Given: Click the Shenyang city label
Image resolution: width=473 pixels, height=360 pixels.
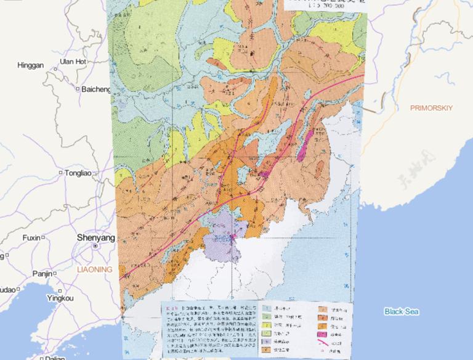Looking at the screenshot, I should [95, 237].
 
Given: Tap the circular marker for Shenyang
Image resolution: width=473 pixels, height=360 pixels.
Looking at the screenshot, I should [95, 245].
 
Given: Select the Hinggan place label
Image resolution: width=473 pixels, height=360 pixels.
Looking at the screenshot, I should [31, 65].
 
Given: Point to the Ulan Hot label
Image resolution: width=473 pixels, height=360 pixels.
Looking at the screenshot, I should [73, 61].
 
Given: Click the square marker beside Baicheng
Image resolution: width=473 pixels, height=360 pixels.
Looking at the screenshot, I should [78, 89].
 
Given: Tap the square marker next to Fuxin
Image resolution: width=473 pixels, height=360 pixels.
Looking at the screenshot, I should [43, 237].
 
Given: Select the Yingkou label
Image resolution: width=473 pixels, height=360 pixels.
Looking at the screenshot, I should [59, 298].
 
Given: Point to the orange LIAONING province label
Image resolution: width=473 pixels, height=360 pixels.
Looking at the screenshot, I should [94, 270].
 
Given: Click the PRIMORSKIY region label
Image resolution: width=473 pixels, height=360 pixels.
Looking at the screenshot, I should [431, 108].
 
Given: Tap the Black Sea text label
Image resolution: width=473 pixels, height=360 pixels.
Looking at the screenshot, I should [402, 312].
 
